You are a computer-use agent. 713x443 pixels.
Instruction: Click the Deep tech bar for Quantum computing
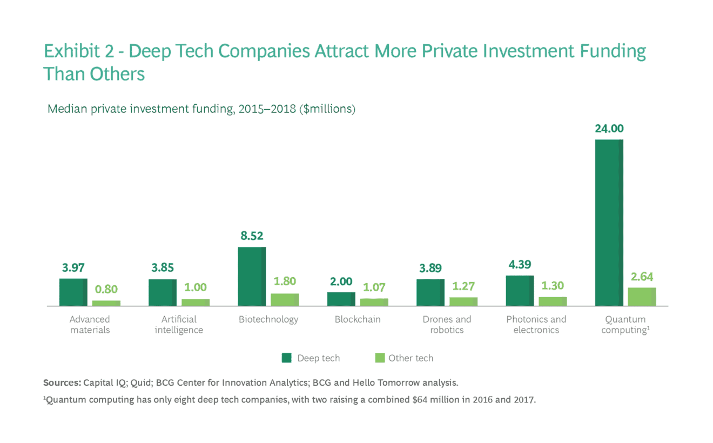(x=609, y=223)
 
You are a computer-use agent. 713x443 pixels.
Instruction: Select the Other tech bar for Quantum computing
(x=642, y=297)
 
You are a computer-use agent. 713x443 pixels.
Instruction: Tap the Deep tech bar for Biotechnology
(x=252, y=276)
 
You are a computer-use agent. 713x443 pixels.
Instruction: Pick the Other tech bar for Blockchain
(x=374, y=302)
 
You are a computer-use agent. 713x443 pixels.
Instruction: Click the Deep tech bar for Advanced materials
(x=73, y=292)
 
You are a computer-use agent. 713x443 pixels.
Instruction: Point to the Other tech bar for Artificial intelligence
(x=196, y=303)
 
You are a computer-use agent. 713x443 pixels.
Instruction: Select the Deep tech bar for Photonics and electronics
(x=520, y=291)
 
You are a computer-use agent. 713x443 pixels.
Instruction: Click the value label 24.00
(x=609, y=129)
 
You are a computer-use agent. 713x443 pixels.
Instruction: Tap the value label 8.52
(x=252, y=236)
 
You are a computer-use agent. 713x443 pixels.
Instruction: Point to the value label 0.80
(x=106, y=289)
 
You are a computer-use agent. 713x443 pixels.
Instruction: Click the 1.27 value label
(x=463, y=286)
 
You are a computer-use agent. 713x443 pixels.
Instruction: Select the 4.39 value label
(x=520, y=264)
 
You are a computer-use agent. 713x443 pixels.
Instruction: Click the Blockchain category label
(x=358, y=319)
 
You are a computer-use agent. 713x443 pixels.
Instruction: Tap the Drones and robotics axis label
(x=447, y=325)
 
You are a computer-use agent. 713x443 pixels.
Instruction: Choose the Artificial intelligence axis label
(x=179, y=325)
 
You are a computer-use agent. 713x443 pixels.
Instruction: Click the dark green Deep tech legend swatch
(x=287, y=358)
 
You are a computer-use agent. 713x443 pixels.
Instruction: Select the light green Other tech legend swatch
(x=379, y=358)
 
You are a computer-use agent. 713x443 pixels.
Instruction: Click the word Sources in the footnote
(x=62, y=383)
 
